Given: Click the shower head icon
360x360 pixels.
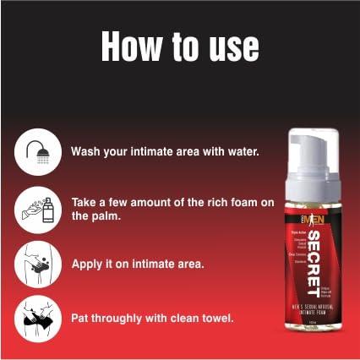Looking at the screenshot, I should pyautogui.click(x=37, y=153).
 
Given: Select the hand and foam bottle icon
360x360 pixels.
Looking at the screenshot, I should pyautogui.click(x=37, y=208).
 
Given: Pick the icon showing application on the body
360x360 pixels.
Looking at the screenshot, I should pyautogui.click(x=37, y=263).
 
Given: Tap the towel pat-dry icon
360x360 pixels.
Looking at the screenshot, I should pyautogui.click(x=37, y=318).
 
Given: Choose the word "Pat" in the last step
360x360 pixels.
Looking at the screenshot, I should pyautogui.click(x=80, y=319).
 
